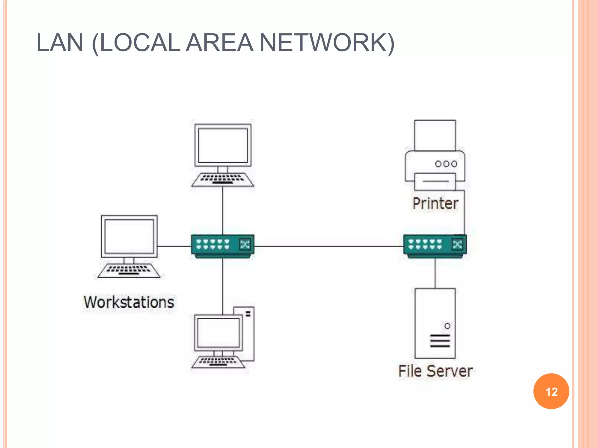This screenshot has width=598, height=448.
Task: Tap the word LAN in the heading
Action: pyautogui.click(x=60, y=43)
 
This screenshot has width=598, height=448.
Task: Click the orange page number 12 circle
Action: pyautogui.click(x=551, y=391)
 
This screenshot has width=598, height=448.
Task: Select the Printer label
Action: pyautogui.click(x=435, y=203)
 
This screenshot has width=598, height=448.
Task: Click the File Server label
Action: pyautogui.click(x=435, y=371)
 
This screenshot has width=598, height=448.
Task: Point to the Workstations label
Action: pyautogui.click(x=129, y=302)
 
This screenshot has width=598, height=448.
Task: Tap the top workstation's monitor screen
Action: pyautogui.click(x=223, y=145)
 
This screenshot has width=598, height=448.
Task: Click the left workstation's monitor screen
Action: pyautogui.click(x=129, y=236)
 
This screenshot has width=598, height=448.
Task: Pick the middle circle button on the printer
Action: pyautogui.click(x=446, y=164)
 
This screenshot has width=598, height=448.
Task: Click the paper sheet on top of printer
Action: pyautogui.click(x=435, y=135)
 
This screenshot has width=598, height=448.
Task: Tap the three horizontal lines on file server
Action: pyautogui.click(x=440, y=341)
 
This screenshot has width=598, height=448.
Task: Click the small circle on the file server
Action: pyautogui.click(x=447, y=326)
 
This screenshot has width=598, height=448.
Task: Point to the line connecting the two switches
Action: pyautogui.click(x=328, y=246)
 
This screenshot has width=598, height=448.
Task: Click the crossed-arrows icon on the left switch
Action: pyautogui.click(x=245, y=244)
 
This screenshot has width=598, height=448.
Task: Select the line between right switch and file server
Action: pyautogui.click(x=435, y=273)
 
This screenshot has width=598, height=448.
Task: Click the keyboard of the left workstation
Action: pyautogui.click(x=129, y=270)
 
